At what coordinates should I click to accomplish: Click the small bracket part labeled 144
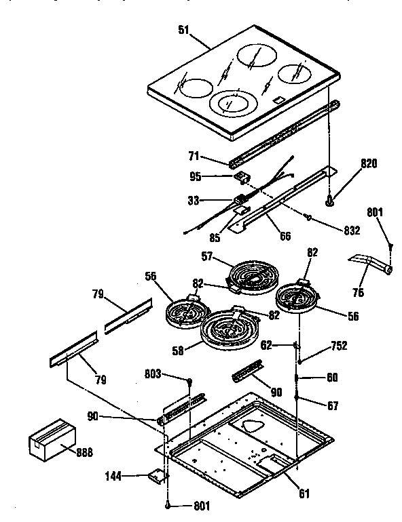coord(158,476)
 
